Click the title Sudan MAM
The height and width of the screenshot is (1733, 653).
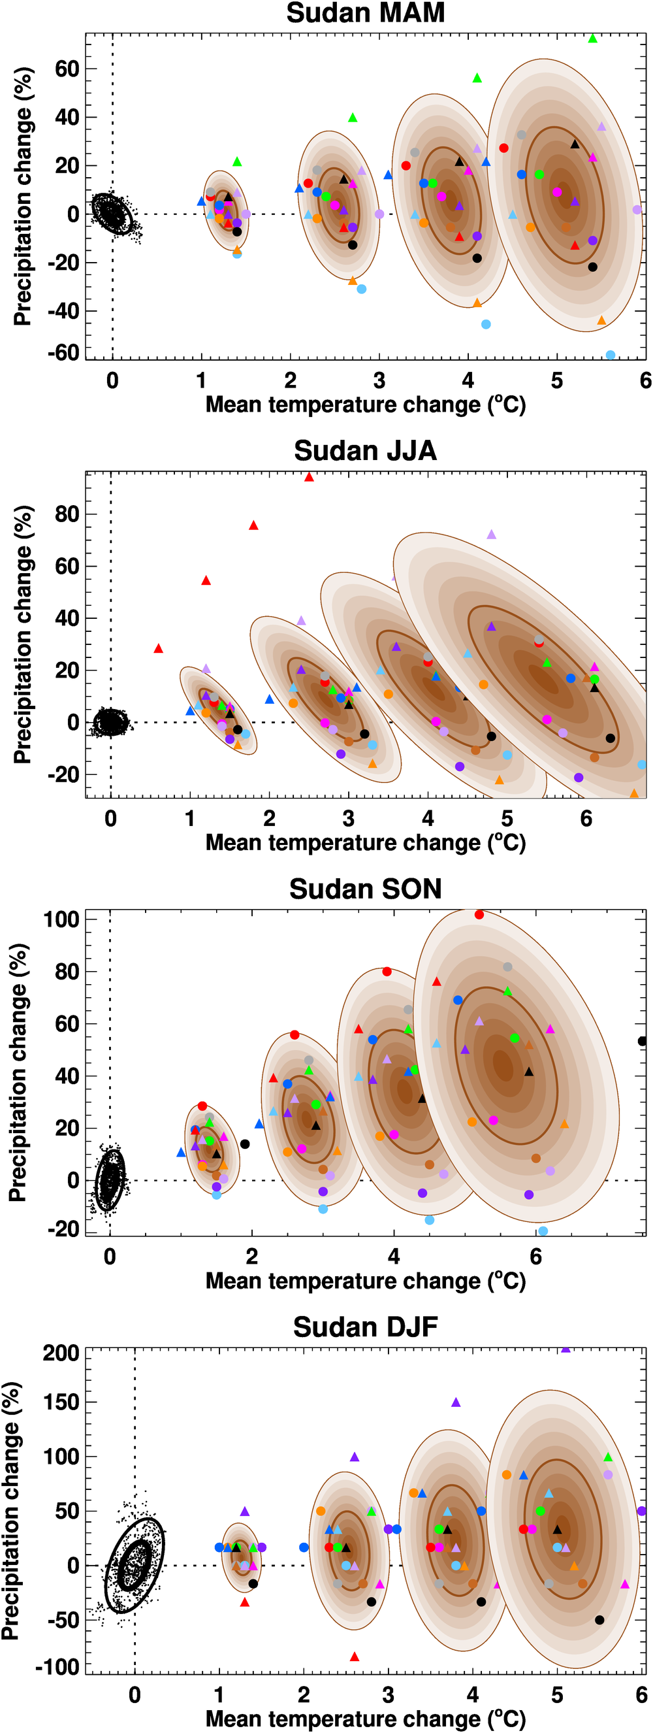(x=365, y=14)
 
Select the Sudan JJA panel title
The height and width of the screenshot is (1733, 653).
(x=365, y=451)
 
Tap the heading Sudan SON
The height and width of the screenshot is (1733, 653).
(x=365, y=889)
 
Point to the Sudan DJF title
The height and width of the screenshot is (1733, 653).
(x=365, y=1327)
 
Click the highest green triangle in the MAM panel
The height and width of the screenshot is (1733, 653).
(x=592, y=39)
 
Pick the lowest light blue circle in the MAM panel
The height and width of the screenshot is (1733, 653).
(x=610, y=355)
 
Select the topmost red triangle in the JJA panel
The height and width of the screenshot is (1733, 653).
(x=309, y=477)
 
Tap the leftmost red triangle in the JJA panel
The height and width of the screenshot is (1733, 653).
(x=158, y=648)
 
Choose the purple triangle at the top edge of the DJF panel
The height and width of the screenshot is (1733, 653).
(x=565, y=1349)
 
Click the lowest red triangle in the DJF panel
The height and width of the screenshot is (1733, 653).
(x=355, y=1657)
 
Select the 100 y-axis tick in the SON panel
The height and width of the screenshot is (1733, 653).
(x=61, y=919)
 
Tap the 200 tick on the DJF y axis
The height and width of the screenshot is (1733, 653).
(x=61, y=1353)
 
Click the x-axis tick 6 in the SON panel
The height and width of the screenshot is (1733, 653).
(x=536, y=1256)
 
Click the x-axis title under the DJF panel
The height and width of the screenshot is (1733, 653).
(x=365, y=1717)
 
